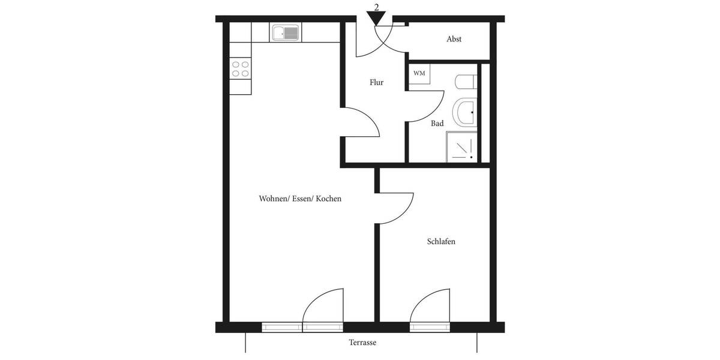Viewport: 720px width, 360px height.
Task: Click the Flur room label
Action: point(376,83)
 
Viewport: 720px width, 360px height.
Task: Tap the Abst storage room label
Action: point(454,39)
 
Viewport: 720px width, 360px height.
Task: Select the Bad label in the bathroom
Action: point(437,124)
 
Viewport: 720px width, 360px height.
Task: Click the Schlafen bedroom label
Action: point(441,242)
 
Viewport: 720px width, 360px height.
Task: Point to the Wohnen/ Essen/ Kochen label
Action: point(300,199)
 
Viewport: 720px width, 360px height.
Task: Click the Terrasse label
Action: point(362,343)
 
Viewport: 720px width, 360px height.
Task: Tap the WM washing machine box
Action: point(419,73)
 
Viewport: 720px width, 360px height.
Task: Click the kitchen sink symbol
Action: point(286,32)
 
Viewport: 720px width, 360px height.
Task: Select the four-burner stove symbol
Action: point(241,69)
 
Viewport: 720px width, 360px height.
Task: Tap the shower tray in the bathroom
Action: point(461,147)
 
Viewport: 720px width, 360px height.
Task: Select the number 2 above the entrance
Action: point(376,7)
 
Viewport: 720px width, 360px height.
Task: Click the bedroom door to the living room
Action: point(396,208)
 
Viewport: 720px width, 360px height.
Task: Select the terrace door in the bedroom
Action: point(430,307)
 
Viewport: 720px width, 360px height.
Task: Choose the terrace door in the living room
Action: point(323,307)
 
